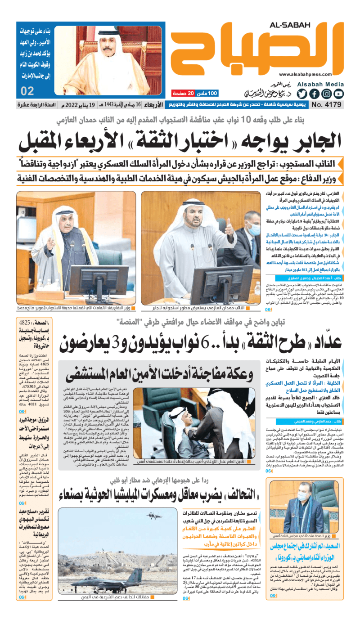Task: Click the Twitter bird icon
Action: pyautogui.click(x=302, y=94)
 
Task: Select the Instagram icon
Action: pyautogui.click(x=327, y=94)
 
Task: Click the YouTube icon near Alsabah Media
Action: pyautogui.click(x=338, y=94)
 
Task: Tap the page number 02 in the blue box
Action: pyautogui.click(x=27, y=91)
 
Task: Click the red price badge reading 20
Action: pyautogui.click(x=190, y=93)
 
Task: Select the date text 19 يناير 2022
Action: pyautogui.click(x=99, y=105)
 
